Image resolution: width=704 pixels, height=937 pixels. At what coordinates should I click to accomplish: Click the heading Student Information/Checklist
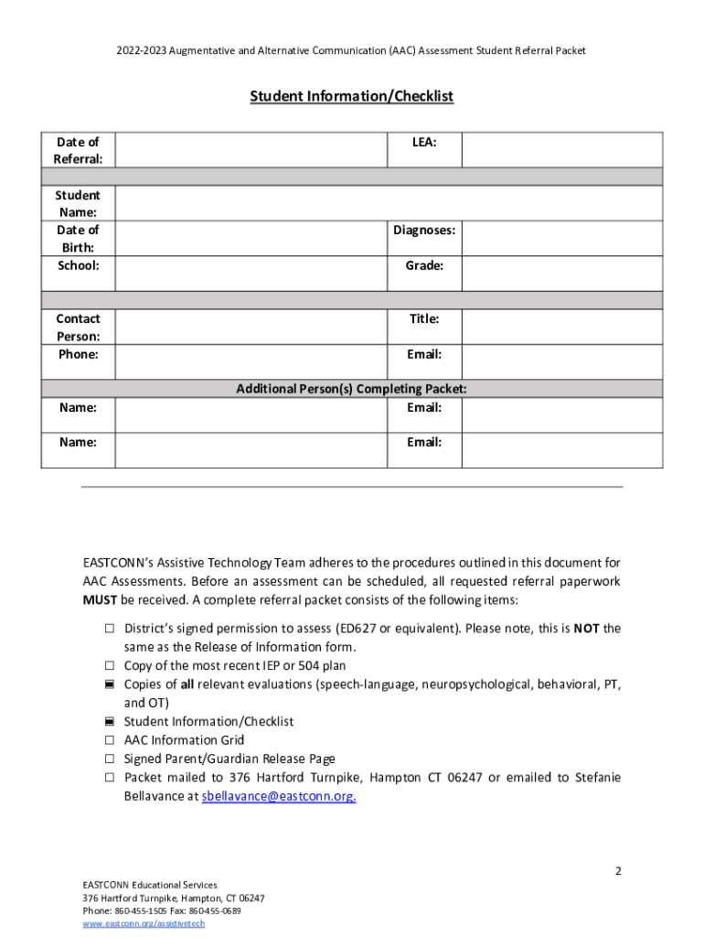click(x=352, y=96)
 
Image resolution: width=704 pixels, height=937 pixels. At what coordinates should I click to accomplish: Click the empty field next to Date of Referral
click(x=248, y=150)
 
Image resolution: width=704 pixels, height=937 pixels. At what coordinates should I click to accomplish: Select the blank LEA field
click(x=561, y=150)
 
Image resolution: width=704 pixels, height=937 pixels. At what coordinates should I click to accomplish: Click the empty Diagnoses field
click(x=561, y=238)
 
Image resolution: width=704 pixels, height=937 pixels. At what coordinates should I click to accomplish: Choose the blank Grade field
click(x=561, y=274)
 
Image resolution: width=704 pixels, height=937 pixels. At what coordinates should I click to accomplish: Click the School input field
click(x=248, y=274)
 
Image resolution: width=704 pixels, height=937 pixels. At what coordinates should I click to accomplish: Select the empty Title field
click(x=561, y=327)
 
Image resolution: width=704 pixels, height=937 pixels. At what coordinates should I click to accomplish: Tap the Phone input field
click(x=248, y=361)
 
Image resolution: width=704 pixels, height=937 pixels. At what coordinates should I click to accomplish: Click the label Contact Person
click(x=79, y=327)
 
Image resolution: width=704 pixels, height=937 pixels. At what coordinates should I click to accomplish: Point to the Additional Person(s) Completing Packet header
click(x=352, y=389)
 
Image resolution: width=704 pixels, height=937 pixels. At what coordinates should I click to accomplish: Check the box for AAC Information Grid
click(x=109, y=740)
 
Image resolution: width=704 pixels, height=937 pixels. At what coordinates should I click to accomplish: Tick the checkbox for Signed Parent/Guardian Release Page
click(x=109, y=759)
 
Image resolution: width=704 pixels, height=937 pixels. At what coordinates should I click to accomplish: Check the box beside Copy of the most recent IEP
click(x=109, y=665)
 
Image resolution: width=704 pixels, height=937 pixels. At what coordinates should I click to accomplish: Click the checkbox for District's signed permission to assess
click(x=109, y=629)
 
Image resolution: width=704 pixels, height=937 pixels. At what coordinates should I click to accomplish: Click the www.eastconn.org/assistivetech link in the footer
click(x=144, y=923)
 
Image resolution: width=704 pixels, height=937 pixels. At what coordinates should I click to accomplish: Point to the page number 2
click(x=618, y=871)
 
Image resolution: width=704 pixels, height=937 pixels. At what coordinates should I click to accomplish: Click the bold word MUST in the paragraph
click(x=101, y=600)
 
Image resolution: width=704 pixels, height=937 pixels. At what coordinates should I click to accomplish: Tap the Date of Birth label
click(x=79, y=238)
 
